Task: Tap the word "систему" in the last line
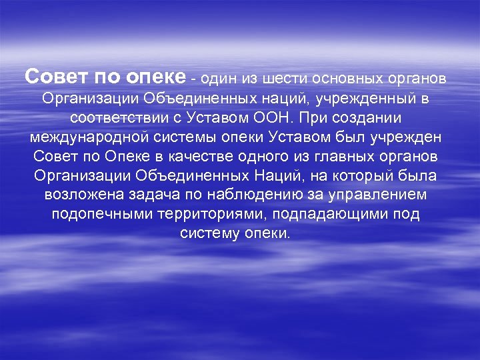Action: coord(210,235)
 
